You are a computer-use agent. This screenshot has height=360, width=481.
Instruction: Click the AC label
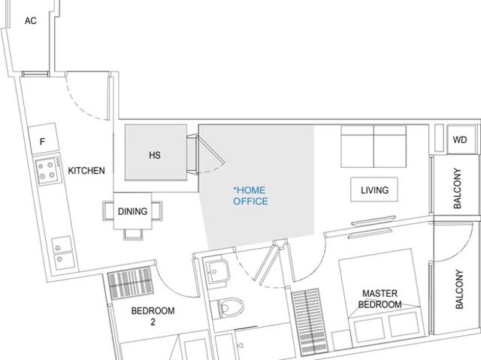point(31,21)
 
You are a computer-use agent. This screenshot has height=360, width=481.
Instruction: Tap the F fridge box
point(42,141)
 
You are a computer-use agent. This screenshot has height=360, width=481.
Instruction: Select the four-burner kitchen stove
point(49,168)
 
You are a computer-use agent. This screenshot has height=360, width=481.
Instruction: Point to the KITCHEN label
point(86,171)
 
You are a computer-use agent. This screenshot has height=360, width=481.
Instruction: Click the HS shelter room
point(155,156)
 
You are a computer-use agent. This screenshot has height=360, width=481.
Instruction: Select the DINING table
point(132,212)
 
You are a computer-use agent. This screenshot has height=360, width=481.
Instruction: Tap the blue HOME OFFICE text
point(250,196)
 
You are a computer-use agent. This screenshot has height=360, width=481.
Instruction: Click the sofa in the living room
point(374,146)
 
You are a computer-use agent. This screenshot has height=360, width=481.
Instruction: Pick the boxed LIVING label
point(374,190)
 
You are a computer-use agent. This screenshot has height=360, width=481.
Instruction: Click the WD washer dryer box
point(460,140)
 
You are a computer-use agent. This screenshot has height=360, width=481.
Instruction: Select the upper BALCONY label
point(458,188)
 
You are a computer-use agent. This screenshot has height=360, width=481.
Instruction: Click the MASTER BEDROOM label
point(381,299)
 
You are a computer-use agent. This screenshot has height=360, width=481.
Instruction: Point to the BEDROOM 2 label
point(153,316)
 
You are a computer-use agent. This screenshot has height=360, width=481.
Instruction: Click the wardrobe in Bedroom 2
point(131,284)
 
